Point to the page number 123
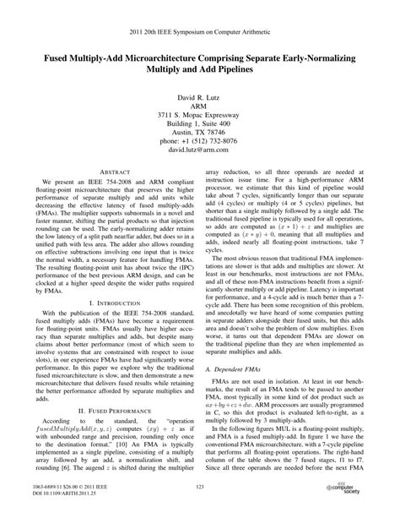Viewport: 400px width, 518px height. tap(200, 488)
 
